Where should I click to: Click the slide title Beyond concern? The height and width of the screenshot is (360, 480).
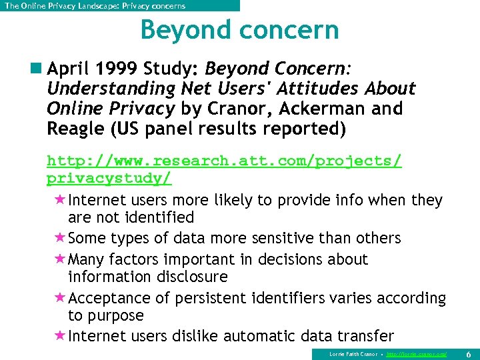(239, 31)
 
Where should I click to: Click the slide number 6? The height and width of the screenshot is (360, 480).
(468, 353)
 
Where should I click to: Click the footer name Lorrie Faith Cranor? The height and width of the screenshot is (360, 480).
(353, 353)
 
